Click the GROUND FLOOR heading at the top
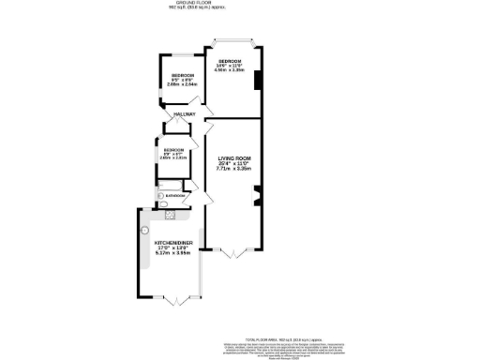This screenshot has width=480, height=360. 239,5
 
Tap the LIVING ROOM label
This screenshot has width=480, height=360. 232,159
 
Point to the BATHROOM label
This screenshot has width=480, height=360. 175,195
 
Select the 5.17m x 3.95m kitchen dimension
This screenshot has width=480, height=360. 172,253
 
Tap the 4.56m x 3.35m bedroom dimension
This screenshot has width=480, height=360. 230,69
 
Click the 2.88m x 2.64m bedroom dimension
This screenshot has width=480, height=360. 183,84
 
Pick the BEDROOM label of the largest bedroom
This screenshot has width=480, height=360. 230,59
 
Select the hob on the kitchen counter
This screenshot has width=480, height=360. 170,215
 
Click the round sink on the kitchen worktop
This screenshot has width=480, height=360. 145,229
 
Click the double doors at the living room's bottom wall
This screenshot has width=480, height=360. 232,251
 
